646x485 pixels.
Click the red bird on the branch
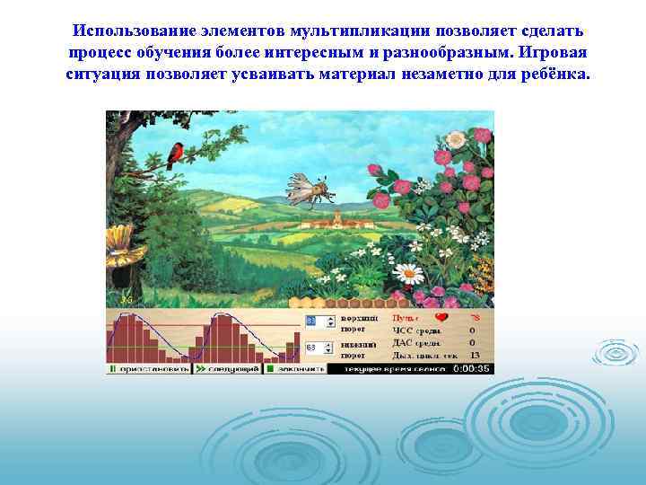pos(176,154)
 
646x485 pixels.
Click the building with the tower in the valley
pos(336,219)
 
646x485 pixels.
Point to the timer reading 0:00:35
pos(471,368)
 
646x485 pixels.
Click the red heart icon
pos(441,317)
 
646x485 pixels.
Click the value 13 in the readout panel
pos(475,355)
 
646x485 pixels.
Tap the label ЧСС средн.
pos(415,330)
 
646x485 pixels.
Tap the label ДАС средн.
pos(415,342)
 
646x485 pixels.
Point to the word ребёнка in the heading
pos(556,73)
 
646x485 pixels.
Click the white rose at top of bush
pos(456,139)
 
